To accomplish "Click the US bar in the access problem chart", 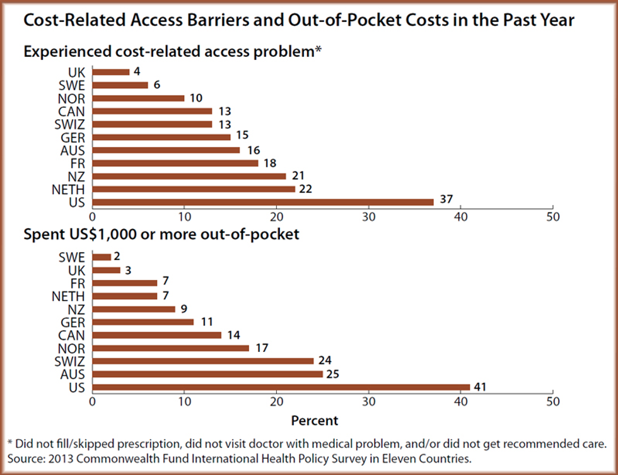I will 262,202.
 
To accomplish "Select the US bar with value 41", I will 281,387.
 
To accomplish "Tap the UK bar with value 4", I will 111,72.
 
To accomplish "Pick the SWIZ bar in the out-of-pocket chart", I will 202,361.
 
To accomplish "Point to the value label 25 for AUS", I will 334,374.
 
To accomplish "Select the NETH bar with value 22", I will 194,189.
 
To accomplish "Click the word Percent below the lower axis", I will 314,420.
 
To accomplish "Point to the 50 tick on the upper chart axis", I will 552,216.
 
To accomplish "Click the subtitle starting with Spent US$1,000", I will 161,235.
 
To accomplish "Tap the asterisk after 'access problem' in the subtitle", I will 318,49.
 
